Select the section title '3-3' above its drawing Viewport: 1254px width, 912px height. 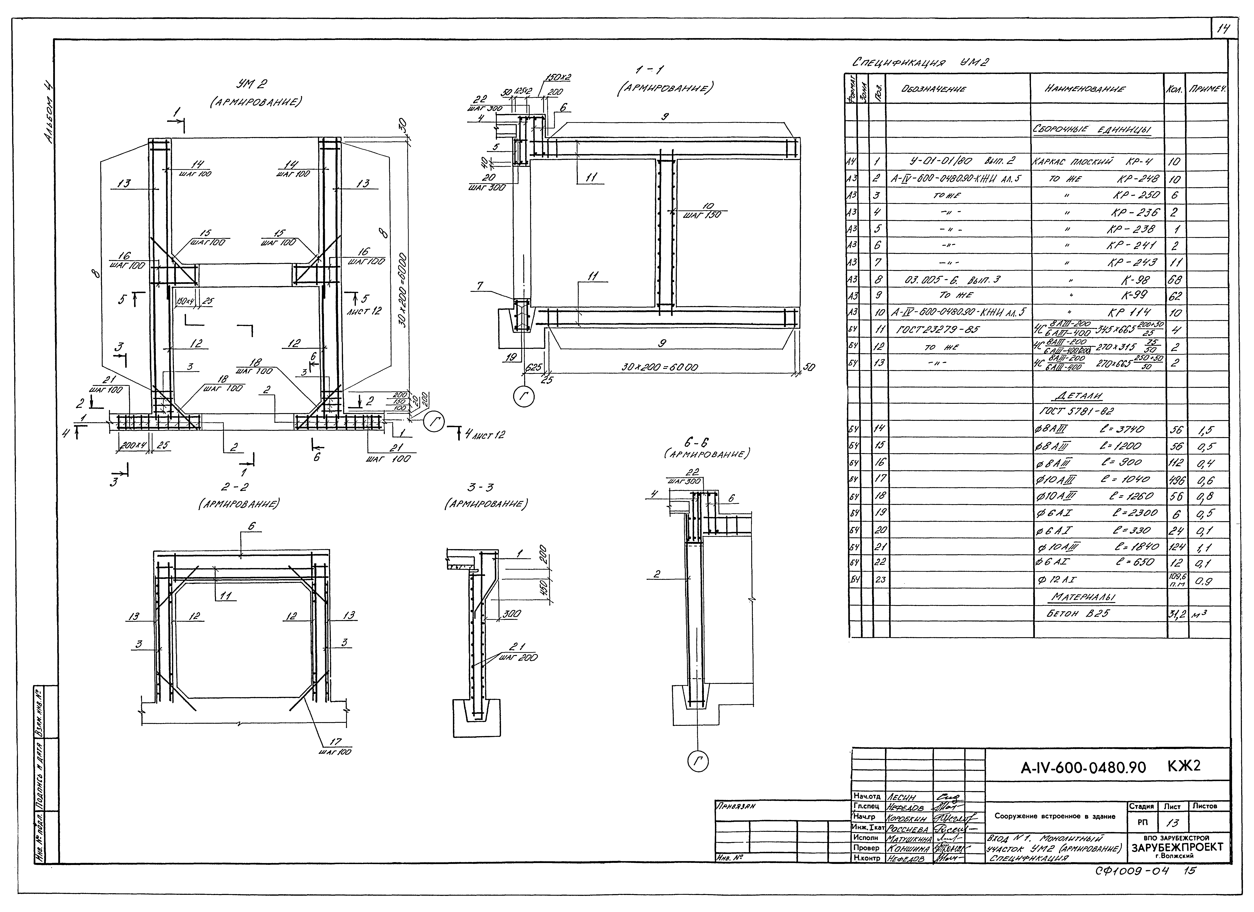click(x=480, y=487)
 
